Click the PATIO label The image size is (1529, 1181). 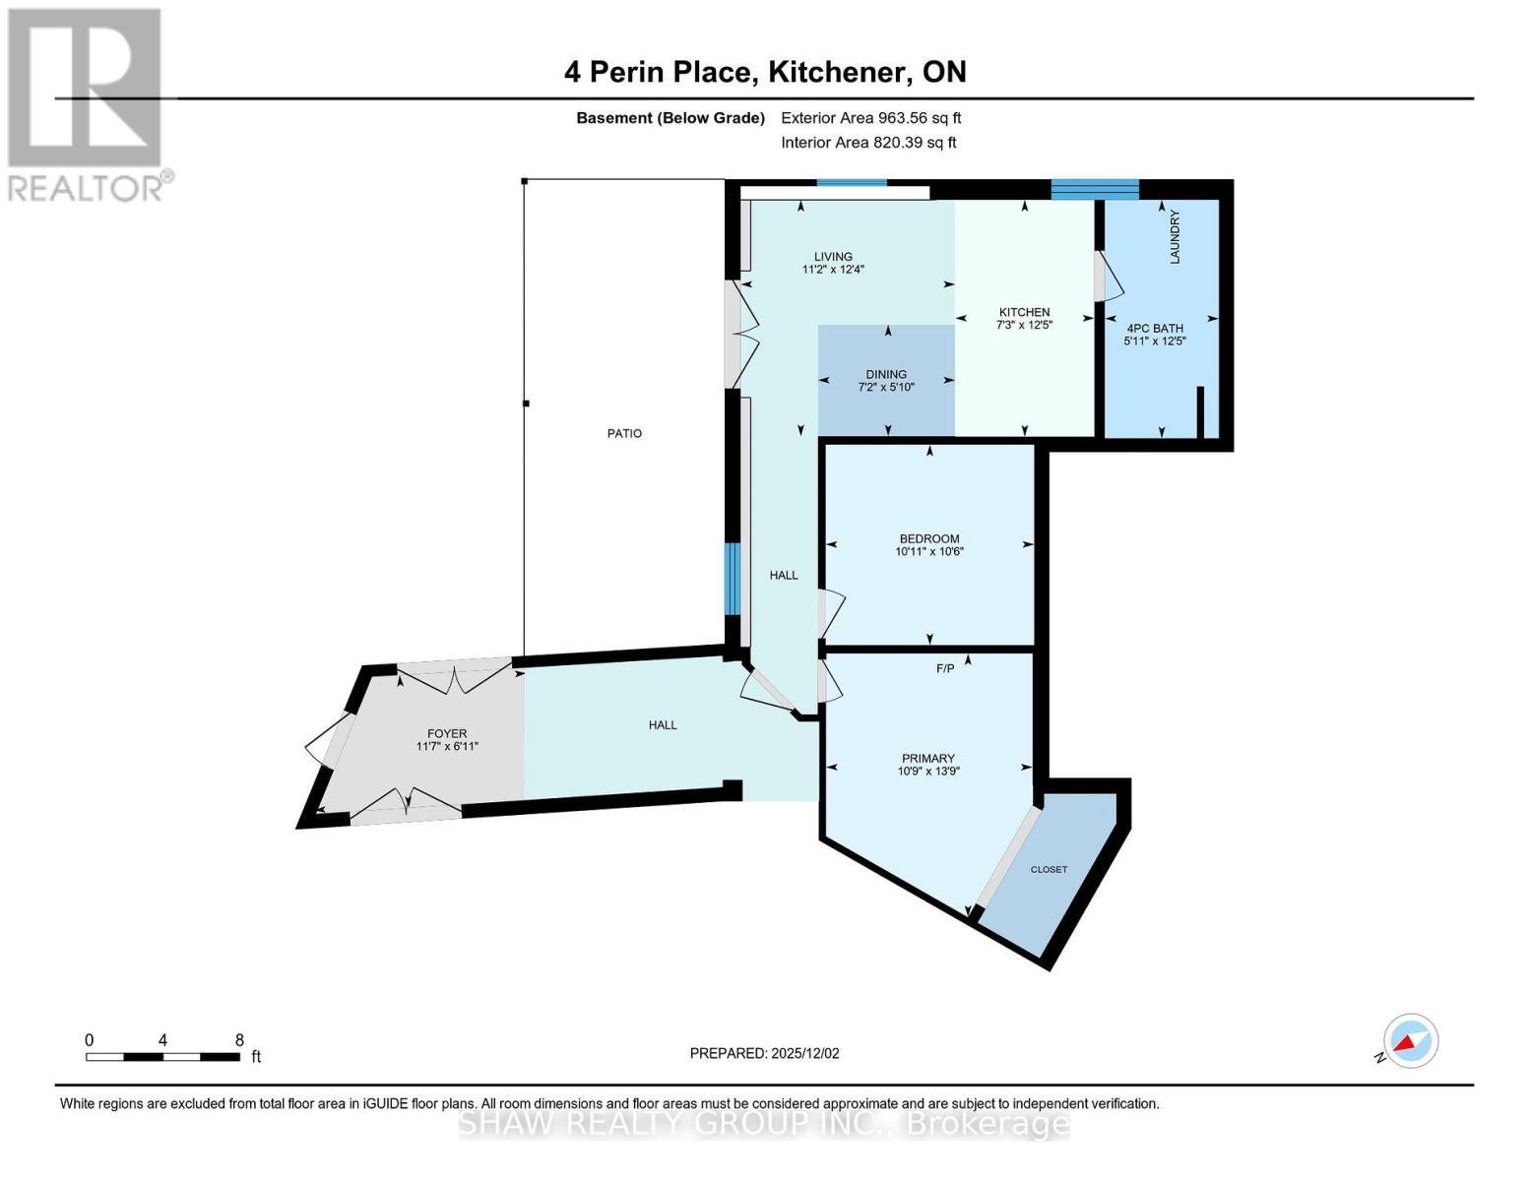point(624,433)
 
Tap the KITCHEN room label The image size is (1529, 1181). point(1024,312)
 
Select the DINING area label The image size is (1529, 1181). point(886,374)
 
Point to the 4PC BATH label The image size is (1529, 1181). point(1155,329)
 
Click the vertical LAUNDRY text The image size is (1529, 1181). point(1174,237)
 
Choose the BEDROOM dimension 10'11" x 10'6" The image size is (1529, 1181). point(928,552)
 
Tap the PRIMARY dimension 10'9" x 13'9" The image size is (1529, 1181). point(927,772)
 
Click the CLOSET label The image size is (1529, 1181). point(1049,869)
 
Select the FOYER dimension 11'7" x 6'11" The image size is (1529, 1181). point(447,746)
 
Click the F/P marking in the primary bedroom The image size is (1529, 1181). point(944,668)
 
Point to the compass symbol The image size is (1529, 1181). point(1410,1041)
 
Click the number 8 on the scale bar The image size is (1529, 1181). point(239,1039)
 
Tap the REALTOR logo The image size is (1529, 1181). point(86,103)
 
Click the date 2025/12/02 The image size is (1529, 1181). point(805,1053)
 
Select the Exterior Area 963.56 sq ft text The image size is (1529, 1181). point(870,118)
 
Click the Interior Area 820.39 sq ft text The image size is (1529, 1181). point(868,143)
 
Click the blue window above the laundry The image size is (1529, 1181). point(1095,189)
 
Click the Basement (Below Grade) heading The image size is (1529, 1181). point(669,118)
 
